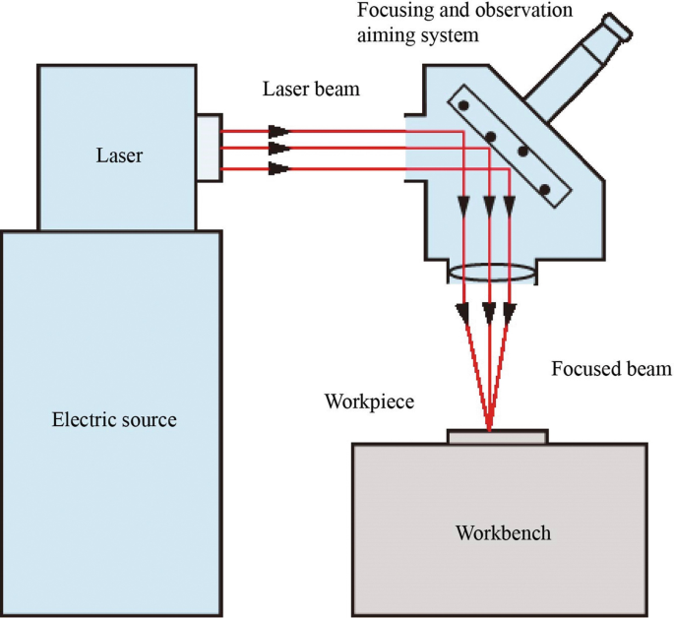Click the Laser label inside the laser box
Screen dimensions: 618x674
(x=119, y=155)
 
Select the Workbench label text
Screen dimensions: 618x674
(x=503, y=533)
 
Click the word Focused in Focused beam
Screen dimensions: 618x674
(x=582, y=370)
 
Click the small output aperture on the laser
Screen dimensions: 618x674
(x=208, y=148)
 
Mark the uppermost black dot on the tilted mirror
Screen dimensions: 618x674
(x=461, y=106)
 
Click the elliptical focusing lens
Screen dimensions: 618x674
(x=492, y=273)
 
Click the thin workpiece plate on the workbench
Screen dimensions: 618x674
(x=496, y=436)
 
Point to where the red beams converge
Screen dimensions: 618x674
(x=489, y=428)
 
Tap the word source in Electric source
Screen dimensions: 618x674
(x=147, y=420)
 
